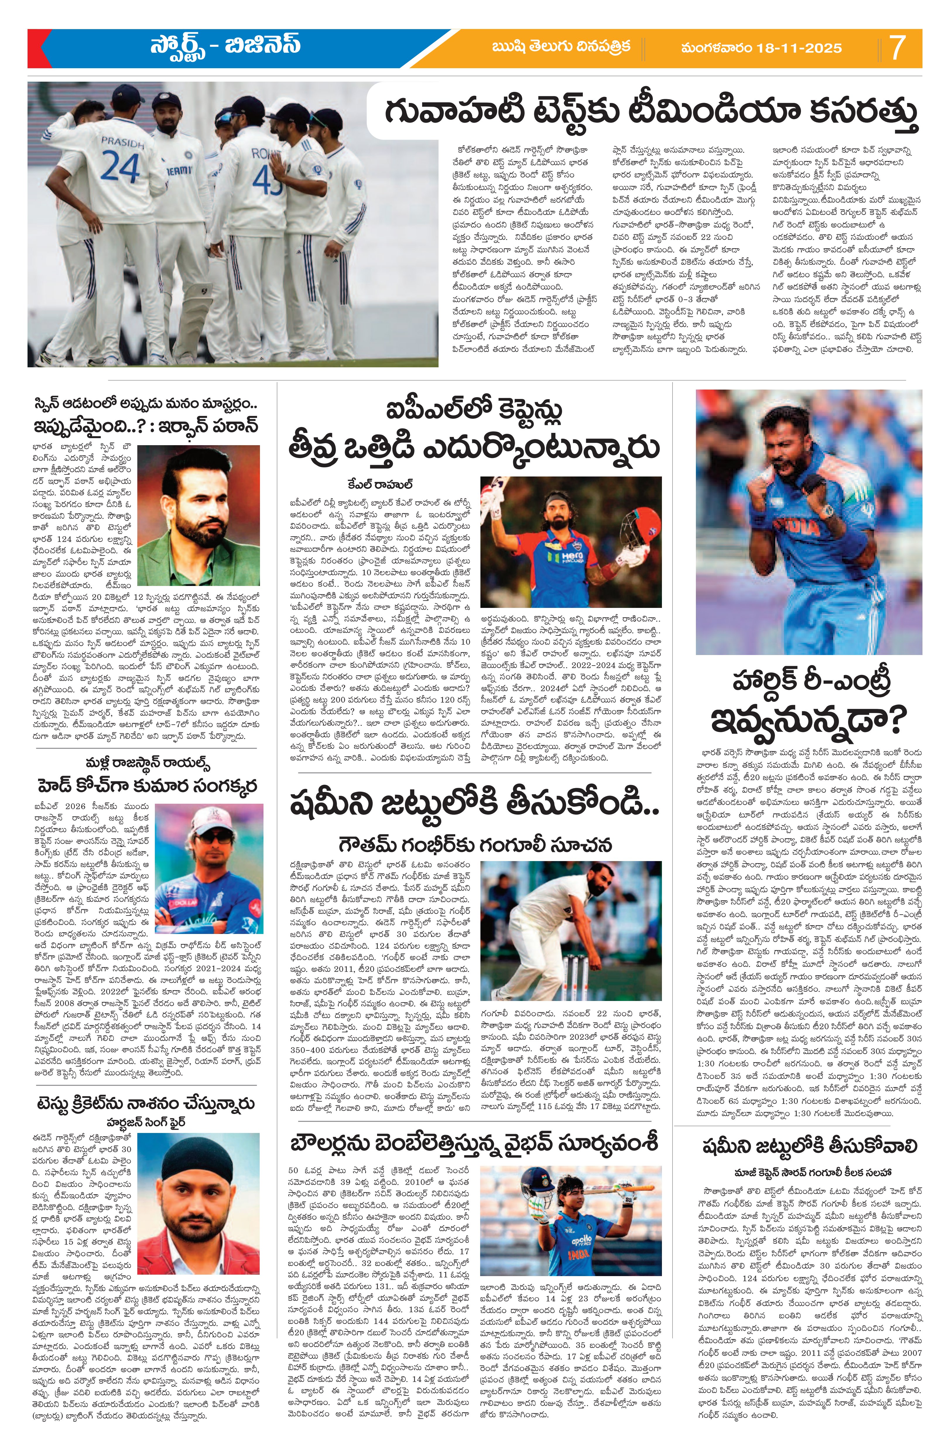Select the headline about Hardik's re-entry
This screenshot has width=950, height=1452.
pyautogui.click(x=809, y=701)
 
